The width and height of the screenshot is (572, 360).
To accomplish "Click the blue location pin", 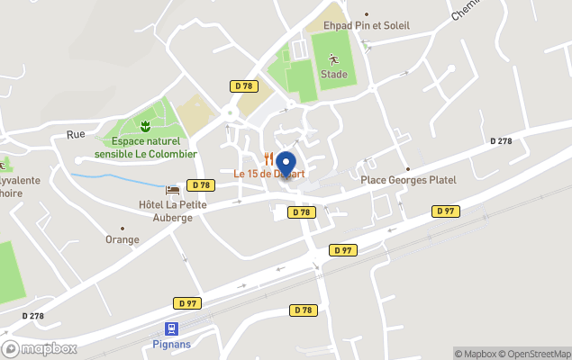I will (287, 165).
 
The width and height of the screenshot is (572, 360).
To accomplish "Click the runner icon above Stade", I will (333, 60).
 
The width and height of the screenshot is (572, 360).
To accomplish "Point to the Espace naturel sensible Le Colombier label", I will (150, 148).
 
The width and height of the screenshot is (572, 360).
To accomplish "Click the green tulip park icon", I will (144, 123).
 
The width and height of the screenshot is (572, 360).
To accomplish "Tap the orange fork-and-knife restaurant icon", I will (268, 157).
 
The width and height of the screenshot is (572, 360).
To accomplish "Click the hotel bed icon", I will (172, 189).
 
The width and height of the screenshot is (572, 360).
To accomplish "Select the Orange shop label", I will (123, 239).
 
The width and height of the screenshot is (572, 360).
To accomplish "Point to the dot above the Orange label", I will (123, 228).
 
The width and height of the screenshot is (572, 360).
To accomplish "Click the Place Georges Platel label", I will (408, 180).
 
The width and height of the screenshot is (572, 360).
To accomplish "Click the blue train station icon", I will (171, 329).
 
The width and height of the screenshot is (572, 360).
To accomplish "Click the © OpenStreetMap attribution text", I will (535, 354).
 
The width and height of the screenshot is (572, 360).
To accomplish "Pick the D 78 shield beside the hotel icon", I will (200, 184).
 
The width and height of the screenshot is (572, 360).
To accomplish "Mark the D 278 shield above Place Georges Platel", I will (501, 141).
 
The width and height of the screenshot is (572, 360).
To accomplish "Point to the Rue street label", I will (76, 134).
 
